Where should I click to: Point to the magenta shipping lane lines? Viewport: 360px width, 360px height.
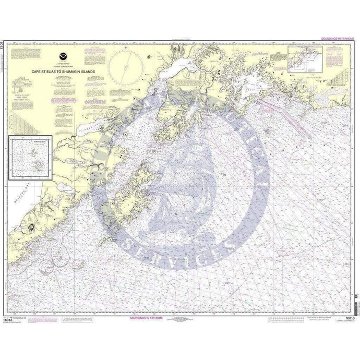point(277,110)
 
